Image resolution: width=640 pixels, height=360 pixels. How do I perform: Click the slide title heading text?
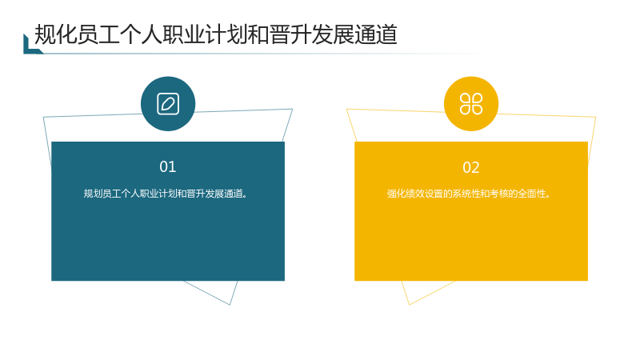[216, 34]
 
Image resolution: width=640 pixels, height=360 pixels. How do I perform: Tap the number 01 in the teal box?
[168, 166]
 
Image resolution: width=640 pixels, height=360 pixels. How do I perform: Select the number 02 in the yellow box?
[471, 167]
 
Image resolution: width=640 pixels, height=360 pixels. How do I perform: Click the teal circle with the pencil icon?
[168, 104]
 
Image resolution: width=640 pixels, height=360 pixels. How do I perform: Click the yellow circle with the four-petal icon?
[471, 104]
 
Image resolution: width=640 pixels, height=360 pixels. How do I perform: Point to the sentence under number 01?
[166, 194]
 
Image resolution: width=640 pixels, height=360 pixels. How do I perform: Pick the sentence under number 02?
[469, 194]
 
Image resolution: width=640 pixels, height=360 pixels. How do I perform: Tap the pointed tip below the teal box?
[230, 305]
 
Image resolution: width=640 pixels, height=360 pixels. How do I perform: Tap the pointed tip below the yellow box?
[409, 305]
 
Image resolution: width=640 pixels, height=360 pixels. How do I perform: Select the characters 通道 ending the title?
[376, 34]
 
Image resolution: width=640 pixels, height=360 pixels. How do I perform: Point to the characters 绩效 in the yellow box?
[414, 194]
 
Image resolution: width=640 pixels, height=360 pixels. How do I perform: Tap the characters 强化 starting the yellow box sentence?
[396, 194]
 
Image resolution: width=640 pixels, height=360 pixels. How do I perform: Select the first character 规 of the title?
[45, 34]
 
